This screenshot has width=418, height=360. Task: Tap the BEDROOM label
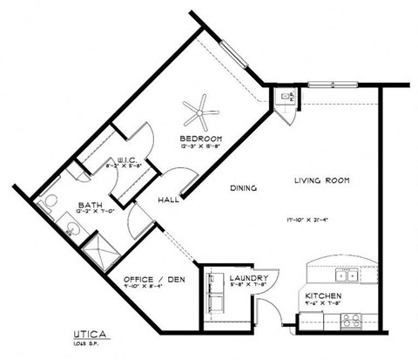click(201, 139)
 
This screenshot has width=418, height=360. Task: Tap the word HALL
click(167, 200)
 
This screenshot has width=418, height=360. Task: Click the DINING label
click(241, 187)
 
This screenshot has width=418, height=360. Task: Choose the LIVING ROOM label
click(321, 180)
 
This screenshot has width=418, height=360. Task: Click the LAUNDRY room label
click(247, 279)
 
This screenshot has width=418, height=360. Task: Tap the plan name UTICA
click(91, 334)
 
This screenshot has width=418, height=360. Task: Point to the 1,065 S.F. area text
click(85, 343)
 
